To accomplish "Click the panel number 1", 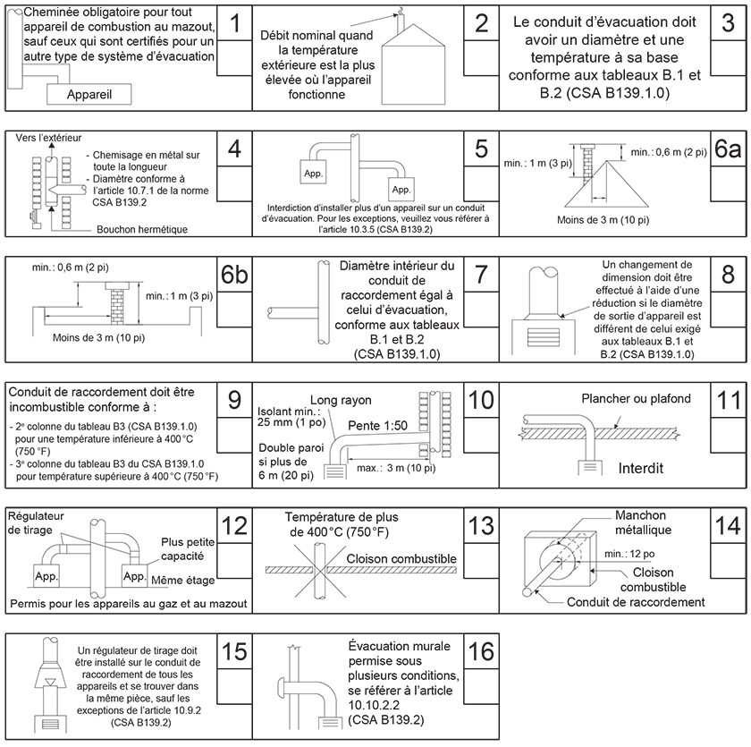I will [234, 26].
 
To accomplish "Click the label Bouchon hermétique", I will [142, 230].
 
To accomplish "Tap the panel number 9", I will [234, 399].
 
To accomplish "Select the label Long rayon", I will [341, 399].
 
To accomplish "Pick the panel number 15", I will [234, 650].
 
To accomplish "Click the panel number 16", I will [481, 650].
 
